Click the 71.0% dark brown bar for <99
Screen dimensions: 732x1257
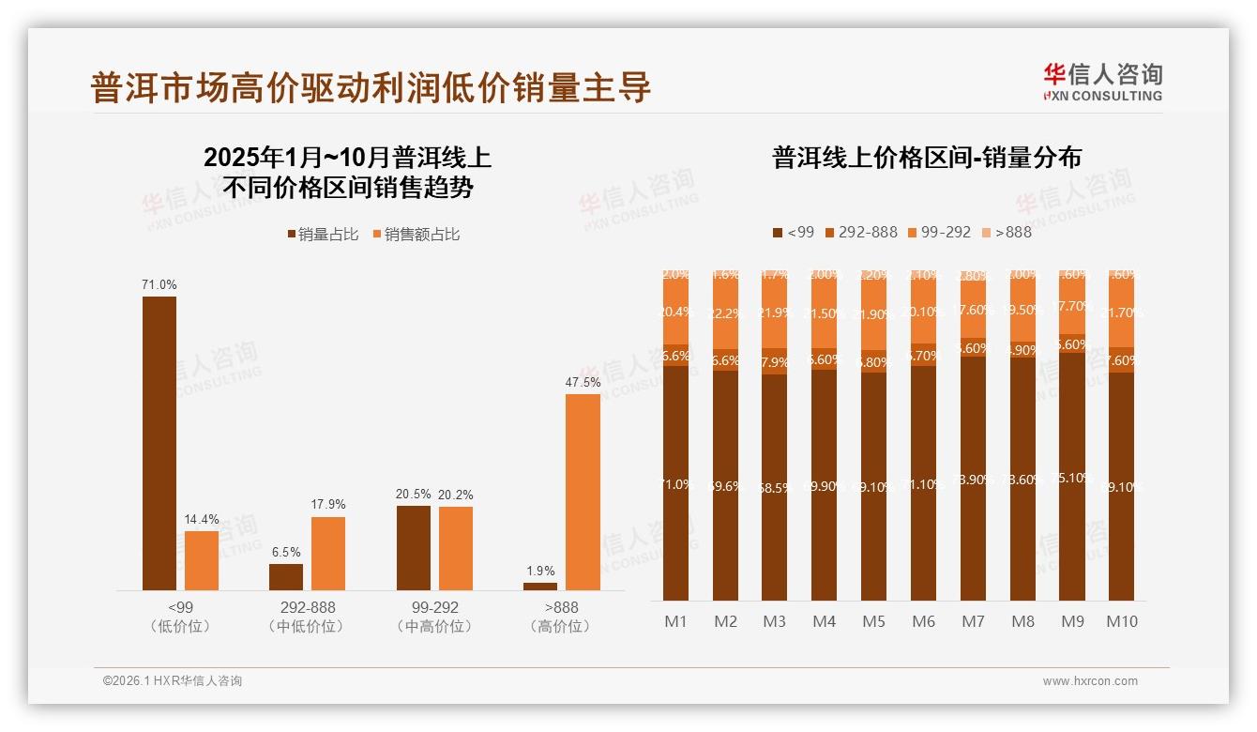[x=159, y=443]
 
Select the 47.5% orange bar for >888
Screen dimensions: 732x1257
[x=583, y=492]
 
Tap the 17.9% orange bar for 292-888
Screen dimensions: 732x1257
[x=328, y=553]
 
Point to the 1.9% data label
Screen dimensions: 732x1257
[x=540, y=571]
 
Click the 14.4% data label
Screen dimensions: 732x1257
[x=201, y=519]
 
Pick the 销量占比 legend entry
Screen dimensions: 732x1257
[x=322, y=235]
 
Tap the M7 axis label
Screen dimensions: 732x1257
[x=973, y=621]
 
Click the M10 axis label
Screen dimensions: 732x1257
[x=1121, y=621]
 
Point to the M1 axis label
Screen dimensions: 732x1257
[x=676, y=621]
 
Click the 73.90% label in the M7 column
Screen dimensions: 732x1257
[x=973, y=480]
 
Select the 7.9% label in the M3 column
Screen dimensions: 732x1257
[x=775, y=362]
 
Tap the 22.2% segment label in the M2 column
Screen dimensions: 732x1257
[x=725, y=313]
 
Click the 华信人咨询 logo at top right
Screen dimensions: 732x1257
[x=1102, y=82]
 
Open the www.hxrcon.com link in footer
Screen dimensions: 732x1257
[x=1090, y=681]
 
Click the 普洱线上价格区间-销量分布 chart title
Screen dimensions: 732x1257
[x=927, y=157]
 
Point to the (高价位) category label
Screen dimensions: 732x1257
[x=561, y=626]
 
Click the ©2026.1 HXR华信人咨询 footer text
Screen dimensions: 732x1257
[x=173, y=681]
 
